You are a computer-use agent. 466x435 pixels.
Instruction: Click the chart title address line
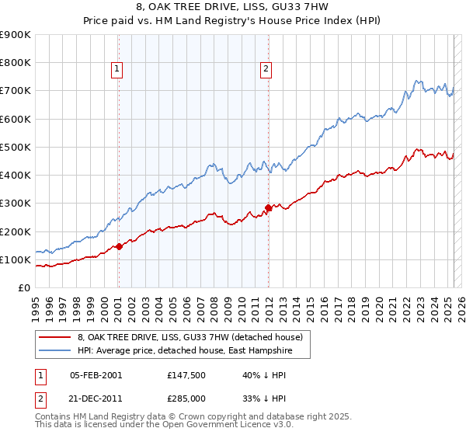click(233, 8)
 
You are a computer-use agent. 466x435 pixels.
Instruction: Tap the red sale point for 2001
click(119, 246)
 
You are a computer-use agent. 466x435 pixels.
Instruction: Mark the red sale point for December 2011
click(268, 207)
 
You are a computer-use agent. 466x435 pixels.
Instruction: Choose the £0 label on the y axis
click(23, 288)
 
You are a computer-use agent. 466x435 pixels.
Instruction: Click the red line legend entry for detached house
click(194, 337)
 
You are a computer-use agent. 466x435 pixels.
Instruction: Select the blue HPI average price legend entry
click(193, 350)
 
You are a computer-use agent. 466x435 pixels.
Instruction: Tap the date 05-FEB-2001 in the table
click(96, 375)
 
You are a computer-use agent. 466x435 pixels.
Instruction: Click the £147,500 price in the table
click(185, 375)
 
